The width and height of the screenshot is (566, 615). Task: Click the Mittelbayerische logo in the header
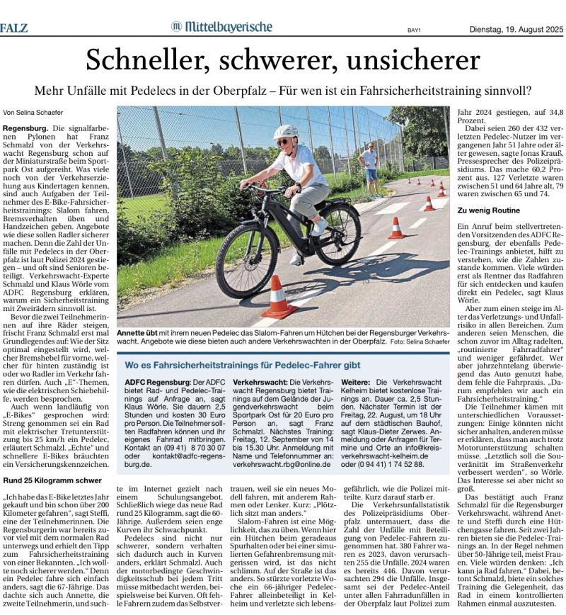221,27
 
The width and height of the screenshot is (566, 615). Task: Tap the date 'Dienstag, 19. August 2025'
516,28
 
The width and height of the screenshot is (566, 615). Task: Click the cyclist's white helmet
286,132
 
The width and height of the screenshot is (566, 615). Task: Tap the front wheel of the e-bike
247,261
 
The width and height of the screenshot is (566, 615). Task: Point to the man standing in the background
369,169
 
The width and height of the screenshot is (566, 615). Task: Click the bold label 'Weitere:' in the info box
359,382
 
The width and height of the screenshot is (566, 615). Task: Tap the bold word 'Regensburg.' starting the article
25,128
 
